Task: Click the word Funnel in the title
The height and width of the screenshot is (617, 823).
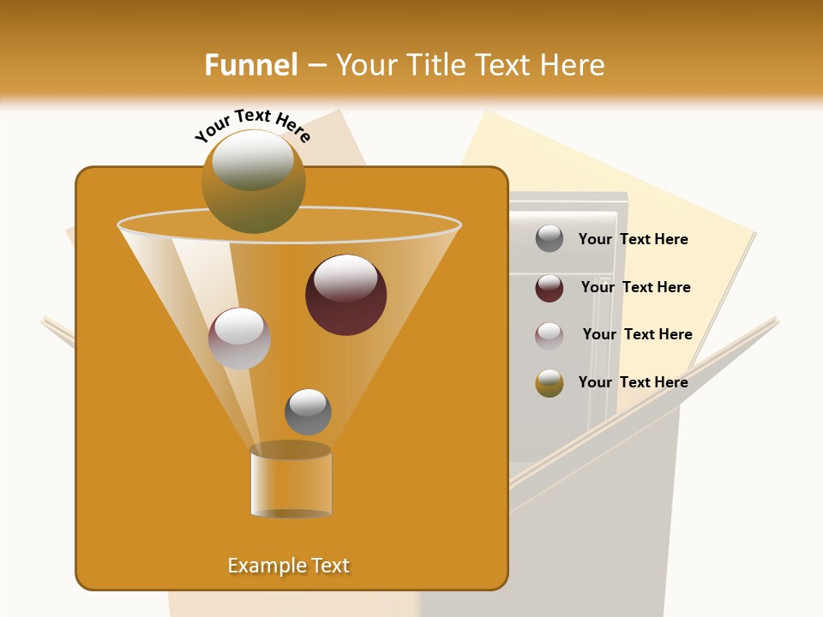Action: (251, 64)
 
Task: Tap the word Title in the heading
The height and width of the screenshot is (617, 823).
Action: (437, 64)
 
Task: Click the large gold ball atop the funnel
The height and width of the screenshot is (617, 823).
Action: (254, 181)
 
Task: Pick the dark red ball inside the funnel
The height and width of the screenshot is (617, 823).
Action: (345, 295)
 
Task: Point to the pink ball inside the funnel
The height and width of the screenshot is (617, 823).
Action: (239, 338)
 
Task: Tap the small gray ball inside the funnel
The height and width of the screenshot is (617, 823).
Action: (308, 411)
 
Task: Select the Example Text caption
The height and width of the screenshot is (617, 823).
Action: (289, 566)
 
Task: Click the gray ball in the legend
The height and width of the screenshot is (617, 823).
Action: (550, 239)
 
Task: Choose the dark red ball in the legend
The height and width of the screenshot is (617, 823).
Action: (550, 288)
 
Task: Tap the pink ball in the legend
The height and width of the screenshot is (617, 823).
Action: (550, 336)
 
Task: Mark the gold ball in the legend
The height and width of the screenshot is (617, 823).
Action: (550, 383)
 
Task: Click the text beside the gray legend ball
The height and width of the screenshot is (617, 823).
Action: (633, 239)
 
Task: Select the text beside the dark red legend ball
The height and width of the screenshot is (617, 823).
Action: (635, 287)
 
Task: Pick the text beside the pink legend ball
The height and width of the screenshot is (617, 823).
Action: (637, 334)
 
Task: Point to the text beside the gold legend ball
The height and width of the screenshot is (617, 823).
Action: (633, 382)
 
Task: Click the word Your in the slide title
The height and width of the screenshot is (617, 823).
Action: (367, 64)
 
